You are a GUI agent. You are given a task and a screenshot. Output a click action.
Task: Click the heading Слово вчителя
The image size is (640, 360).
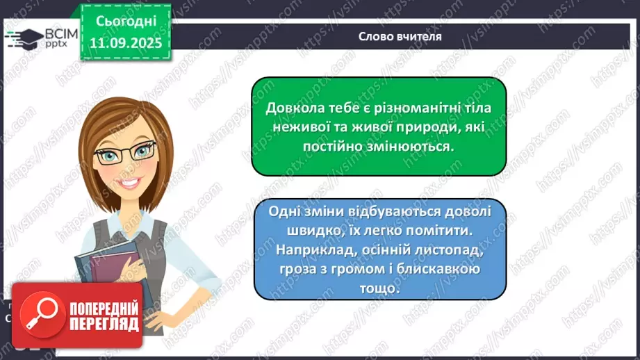[x=400, y=36]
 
